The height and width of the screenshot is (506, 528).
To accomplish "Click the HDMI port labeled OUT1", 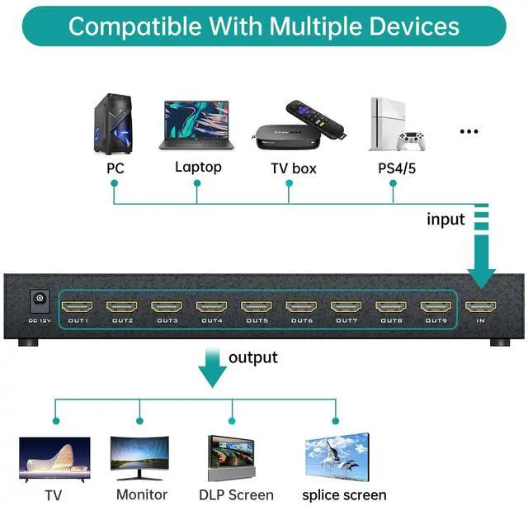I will (78, 306).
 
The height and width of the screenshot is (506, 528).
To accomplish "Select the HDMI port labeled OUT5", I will (257, 306).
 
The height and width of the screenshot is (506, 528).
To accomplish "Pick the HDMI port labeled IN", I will (482, 306).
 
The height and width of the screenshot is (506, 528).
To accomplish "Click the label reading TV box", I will (294, 168).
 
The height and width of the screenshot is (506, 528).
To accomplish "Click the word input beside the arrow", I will (445, 220).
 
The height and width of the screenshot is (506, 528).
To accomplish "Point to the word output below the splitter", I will (253, 357).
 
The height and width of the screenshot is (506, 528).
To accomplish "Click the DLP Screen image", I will (236, 459).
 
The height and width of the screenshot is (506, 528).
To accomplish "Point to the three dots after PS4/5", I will (469, 131).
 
